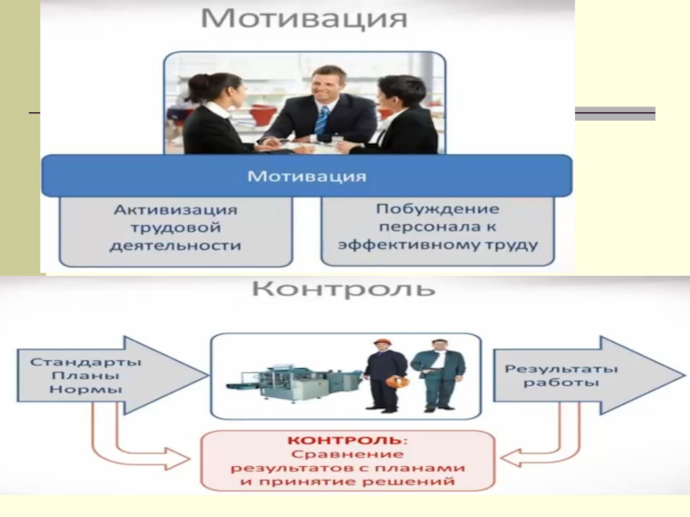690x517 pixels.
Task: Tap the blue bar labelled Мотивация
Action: click(x=306, y=177)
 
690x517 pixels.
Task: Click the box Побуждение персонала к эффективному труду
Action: click(x=437, y=228)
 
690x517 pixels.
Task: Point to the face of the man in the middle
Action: click(x=326, y=88)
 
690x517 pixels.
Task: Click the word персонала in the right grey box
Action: click(x=437, y=228)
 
